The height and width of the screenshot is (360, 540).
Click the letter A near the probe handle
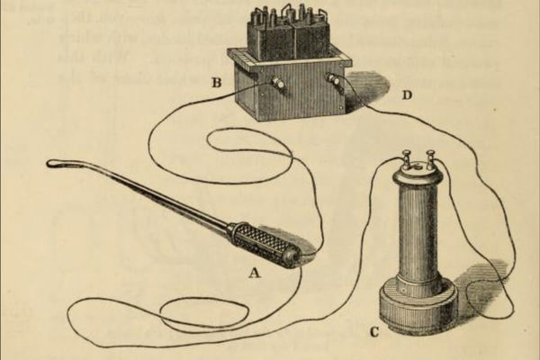[256, 268]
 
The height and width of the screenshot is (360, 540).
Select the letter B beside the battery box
[216, 84]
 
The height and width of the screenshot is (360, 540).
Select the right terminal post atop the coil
[431, 158]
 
